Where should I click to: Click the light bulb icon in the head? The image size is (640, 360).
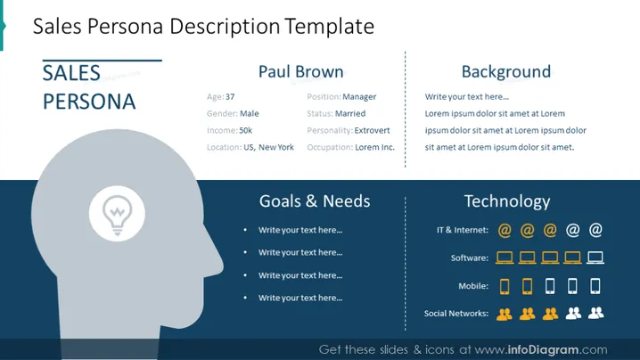[118, 215]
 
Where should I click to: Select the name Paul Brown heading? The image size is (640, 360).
[300, 72]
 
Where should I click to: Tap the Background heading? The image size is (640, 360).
[506, 72]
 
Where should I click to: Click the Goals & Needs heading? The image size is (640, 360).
[315, 201]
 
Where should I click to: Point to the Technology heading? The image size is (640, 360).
[507, 201]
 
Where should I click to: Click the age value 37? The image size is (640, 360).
[230, 97]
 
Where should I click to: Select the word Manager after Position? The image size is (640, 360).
[359, 97]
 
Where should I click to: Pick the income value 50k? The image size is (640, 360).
[246, 130]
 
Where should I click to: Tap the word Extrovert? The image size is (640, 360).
[372, 130]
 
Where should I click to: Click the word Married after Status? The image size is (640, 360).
[350, 113]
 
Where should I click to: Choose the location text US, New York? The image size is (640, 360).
[268, 147]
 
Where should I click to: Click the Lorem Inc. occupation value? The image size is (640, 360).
[374, 147]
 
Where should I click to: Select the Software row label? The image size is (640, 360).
[470, 258]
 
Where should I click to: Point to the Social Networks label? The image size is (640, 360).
[456, 314]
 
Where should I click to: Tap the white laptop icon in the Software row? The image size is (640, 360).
[595, 258]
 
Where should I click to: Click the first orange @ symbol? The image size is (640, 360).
[505, 230]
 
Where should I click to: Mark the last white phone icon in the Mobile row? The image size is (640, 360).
[595, 286]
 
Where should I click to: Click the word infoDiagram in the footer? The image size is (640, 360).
[543, 350]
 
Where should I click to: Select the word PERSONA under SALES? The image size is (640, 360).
[89, 102]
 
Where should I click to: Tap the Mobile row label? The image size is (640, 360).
[473, 286]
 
